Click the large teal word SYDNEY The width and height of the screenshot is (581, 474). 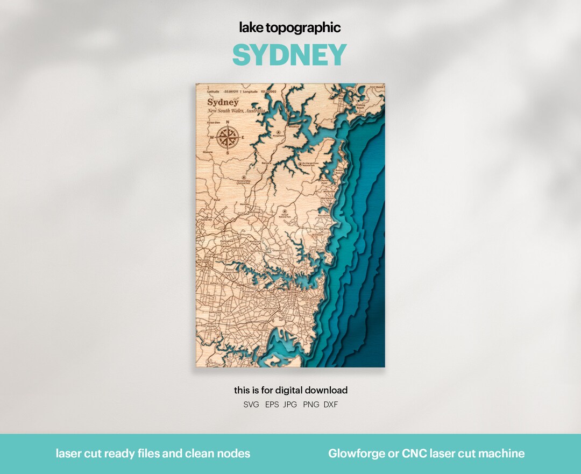point(289,55)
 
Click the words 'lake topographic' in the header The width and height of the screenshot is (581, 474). point(289,28)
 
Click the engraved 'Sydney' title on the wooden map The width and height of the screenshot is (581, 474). point(223,102)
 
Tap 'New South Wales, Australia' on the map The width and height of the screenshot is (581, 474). point(236,111)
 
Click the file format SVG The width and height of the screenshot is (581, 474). point(251,405)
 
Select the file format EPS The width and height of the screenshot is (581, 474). point(272,405)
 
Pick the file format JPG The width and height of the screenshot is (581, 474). point(290,405)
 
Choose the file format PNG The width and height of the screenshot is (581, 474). point(310,405)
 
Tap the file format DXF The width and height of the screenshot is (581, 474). point(331,405)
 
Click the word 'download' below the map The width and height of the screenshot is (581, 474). point(327,391)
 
